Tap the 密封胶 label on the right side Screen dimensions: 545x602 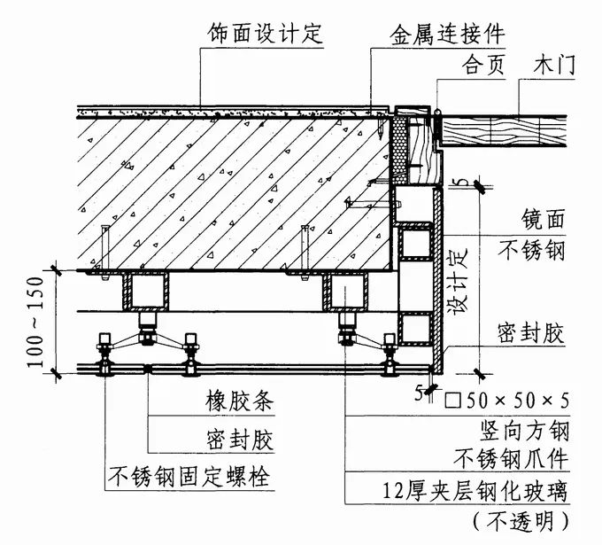click(x=530, y=332)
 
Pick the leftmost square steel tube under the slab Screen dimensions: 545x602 click(x=145, y=290)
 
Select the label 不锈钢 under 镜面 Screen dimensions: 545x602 click(x=530, y=250)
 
